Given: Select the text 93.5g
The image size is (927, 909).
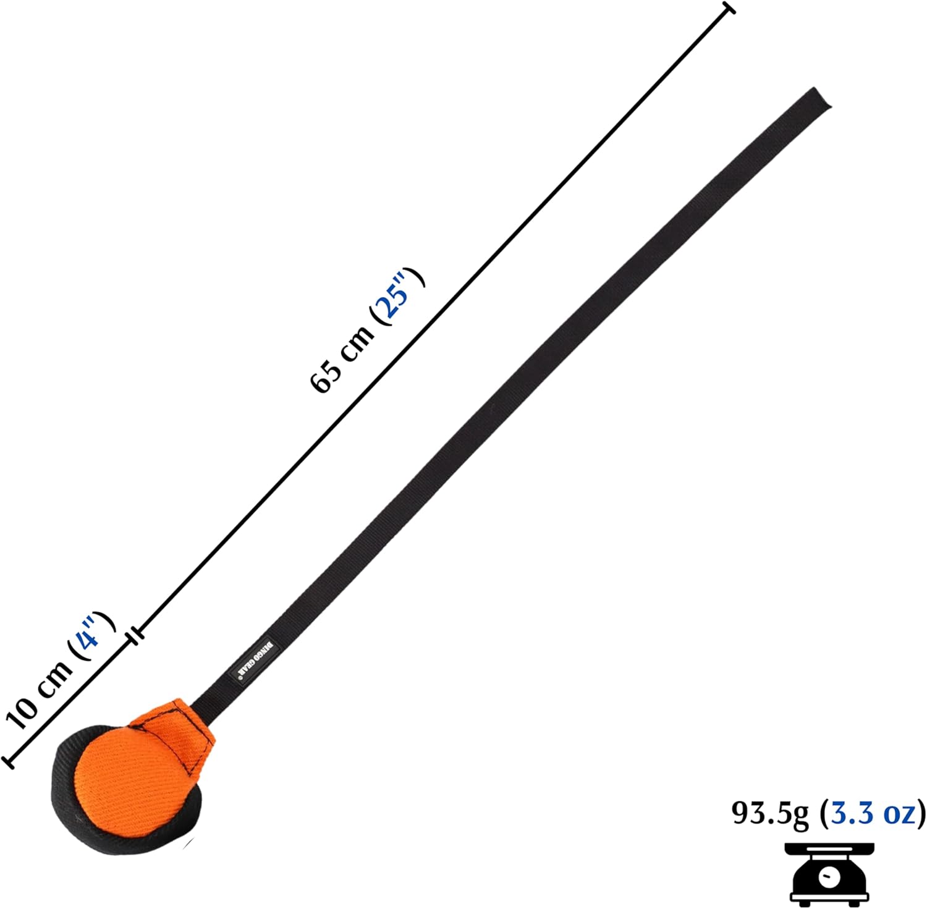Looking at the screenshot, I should pyautogui.click(x=769, y=814).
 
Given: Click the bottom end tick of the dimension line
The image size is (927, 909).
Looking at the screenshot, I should pyautogui.click(x=8, y=761).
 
